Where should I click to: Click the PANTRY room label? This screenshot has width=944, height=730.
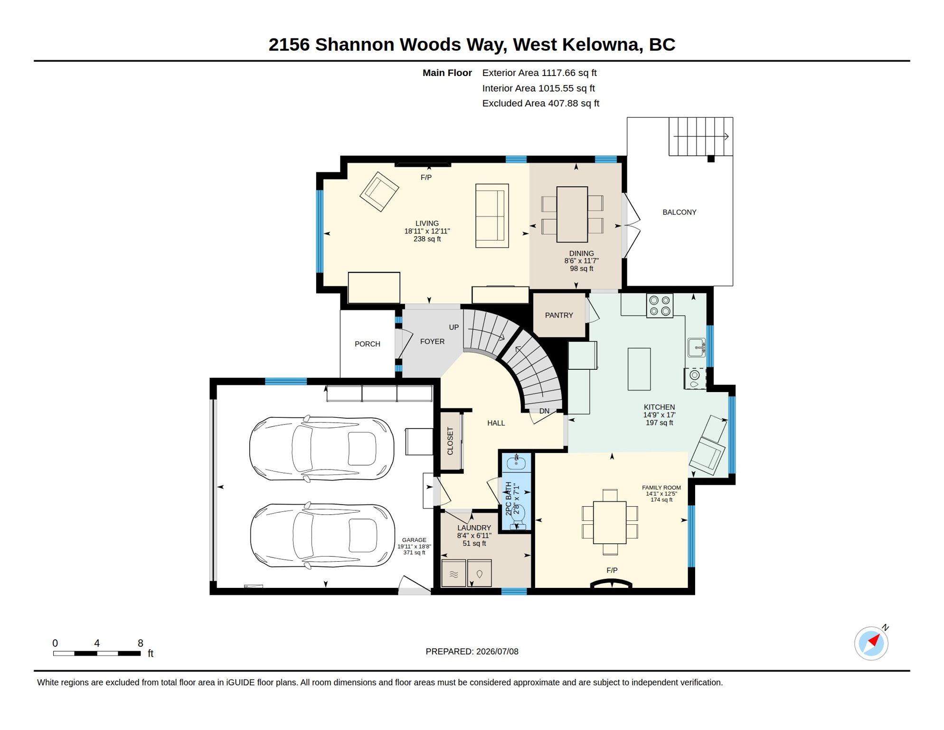pyautogui.click(x=559, y=315)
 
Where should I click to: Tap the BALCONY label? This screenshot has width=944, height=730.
pyautogui.click(x=680, y=212)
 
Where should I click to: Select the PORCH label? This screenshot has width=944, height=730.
pyautogui.click(x=368, y=344)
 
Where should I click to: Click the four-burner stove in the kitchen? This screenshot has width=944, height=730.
pyautogui.click(x=660, y=306)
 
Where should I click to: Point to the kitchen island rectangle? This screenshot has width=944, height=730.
pyautogui.click(x=639, y=369)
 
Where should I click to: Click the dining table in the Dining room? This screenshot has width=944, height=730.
pyautogui.click(x=572, y=214)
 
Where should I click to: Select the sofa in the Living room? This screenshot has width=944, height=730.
pyautogui.click(x=492, y=216)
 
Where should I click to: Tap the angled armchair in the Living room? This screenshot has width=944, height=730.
pyautogui.click(x=379, y=192)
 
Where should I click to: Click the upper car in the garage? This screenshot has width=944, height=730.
pyautogui.click(x=322, y=449)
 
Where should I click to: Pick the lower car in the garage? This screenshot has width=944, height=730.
pyautogui.click(x=322, y=536)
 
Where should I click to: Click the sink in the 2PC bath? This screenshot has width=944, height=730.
pyautogui.click(x=516, y=462)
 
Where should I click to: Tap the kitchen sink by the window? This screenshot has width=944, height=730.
pyautogui.click(x=697, y=347)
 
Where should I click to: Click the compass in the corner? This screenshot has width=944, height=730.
pyautogui.click(x=871, y=644)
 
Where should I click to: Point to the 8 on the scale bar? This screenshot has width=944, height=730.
pyautogui.click(x=141, y=643)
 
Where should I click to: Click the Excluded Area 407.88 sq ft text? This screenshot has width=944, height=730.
pyautogui.click(x=540, y=103)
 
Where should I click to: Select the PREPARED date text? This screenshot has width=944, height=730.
pyautogui.click(x=472, y=652)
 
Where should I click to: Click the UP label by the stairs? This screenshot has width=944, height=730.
pyautogui.click(x=454, y=327)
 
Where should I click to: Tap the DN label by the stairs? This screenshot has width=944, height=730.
pyautogui.click(x=544, y=411)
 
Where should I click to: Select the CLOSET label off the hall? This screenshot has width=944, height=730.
pyautogui.click(x=450, y=441)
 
